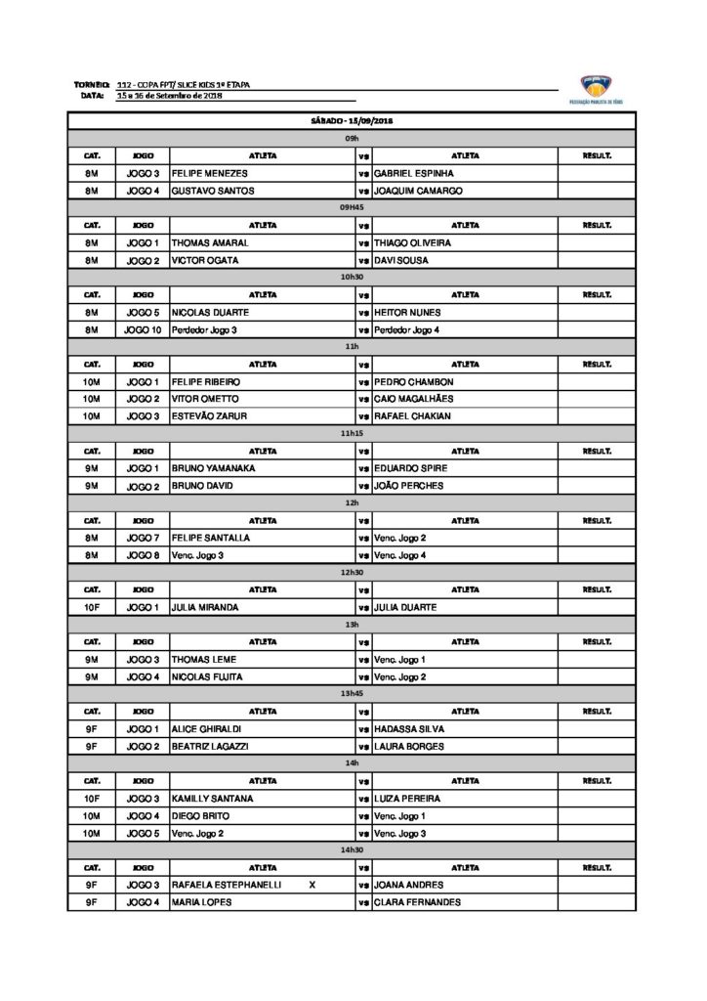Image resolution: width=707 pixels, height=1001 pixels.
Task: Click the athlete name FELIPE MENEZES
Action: point(210,173)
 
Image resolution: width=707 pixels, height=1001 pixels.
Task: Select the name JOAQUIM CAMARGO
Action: point(418,191)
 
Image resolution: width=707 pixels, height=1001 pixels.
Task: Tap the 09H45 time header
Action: point(352,208)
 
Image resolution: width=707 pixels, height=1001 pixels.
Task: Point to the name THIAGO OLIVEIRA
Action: point(413,242)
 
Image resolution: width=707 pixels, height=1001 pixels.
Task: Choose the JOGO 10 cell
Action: point(143,329)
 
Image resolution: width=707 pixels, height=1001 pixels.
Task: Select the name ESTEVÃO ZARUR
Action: point(209,416)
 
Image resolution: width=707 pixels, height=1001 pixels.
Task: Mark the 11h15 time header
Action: point(352,433)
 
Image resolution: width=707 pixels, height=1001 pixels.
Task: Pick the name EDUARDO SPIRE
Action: point(411,468)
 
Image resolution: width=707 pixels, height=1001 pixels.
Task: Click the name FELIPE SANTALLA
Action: point(211,538)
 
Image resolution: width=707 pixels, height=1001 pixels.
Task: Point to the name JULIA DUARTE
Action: point(405,607)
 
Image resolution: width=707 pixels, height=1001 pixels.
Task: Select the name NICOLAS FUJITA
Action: point(207,676)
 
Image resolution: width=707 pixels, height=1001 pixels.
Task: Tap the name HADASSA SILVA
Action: point(409,729)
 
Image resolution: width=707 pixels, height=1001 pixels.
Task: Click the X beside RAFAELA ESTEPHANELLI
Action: point(312,885)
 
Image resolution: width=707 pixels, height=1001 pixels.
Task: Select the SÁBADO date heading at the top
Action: point(352,121)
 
